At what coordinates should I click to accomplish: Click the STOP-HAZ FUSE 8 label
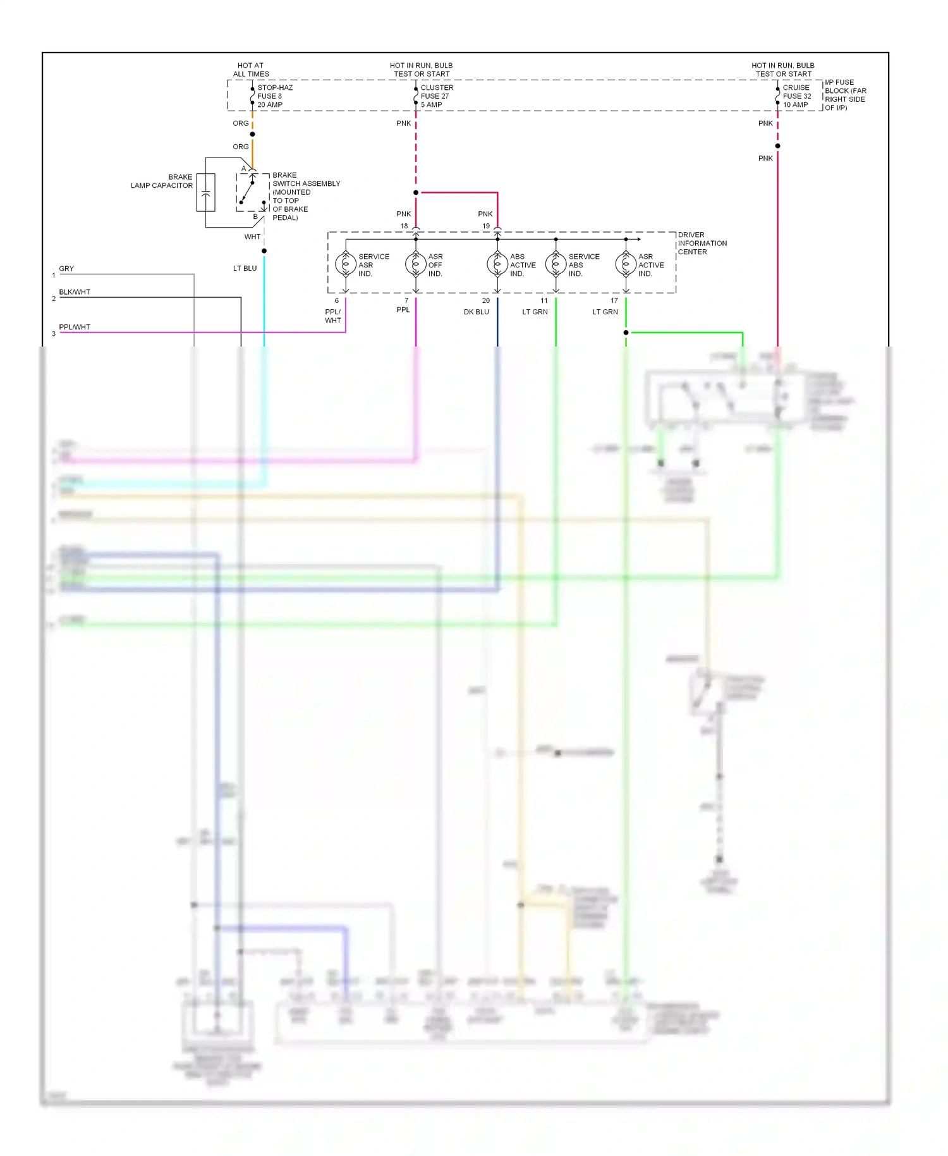pyautogui.click(x=274, y=96)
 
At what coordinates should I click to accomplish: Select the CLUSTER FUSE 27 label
pyautogui.click(x=436, y=96)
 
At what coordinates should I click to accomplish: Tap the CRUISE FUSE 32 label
pyautogui.click(x=796, y=96)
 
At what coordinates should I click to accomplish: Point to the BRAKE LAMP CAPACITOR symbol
pyautogui.click(x=206, y=192)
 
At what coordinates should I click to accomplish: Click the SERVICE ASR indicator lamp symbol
pyautogui.click(x=346, y=264)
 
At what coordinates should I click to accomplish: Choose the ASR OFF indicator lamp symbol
pyautogui.click(x=416, y=264)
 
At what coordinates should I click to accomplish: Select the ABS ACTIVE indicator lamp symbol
pyautogui.click(x=497, y=264)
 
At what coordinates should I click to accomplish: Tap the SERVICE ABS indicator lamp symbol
pyautogui.click(x=556, y=264)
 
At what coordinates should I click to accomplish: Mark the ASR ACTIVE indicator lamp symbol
pyautogui.click(x=626, y=264)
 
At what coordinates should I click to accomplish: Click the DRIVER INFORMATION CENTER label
pyautogui.click(x=702, y=243)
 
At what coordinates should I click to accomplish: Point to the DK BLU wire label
pyautogui.click(x=476, y=312)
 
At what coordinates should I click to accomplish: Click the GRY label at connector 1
pyautogui.click(x=66, y=269)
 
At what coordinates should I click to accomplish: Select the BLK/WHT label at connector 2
pyautogui.click(x=75, y=292)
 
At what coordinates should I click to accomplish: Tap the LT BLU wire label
pyautogui.click(x=245, y=268)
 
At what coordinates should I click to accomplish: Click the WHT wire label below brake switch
pyautogui.click(x=252, y=237)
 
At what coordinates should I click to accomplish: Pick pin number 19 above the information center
pyautogui.click(x=485, y=226)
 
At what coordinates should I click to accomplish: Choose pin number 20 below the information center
pyautogui.click(x=485, y=300)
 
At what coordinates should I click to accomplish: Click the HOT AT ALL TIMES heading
pyautogui.click(x=251, y=70)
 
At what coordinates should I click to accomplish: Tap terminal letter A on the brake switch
pyautogui.click(x=244, y=168)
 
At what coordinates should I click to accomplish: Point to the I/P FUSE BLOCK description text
pyautogui.click(x=845, y=95)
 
